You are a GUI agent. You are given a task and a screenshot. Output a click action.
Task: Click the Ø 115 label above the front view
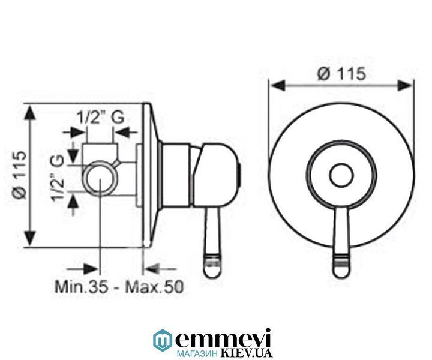341,74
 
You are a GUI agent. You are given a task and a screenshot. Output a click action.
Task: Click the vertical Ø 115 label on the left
20,175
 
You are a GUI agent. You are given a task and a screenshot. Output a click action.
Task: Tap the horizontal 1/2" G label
100,118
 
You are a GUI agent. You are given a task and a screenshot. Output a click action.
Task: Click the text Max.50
154,287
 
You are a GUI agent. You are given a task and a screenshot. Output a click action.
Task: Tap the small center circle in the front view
341,175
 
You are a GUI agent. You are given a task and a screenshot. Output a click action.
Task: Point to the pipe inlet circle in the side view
98,178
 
